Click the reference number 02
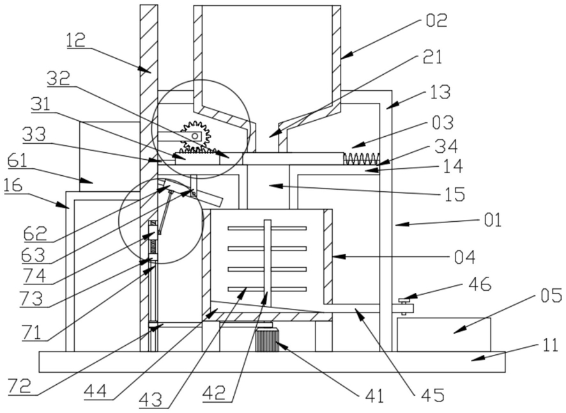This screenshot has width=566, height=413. point(436,20)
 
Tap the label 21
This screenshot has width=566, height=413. point(431,57)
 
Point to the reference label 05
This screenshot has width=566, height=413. point(551,295)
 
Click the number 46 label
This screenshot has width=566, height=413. point(480,284)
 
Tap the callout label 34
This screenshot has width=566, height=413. point(446,146)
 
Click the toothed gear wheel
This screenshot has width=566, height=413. point(195,135)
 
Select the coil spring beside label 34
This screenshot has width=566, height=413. point(362,159)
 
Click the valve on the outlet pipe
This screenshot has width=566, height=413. point(406,307)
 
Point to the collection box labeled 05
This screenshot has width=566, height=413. point(443,334)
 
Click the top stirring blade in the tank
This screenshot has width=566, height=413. point(267,228)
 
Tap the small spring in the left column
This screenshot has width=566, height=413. point(153,247)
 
